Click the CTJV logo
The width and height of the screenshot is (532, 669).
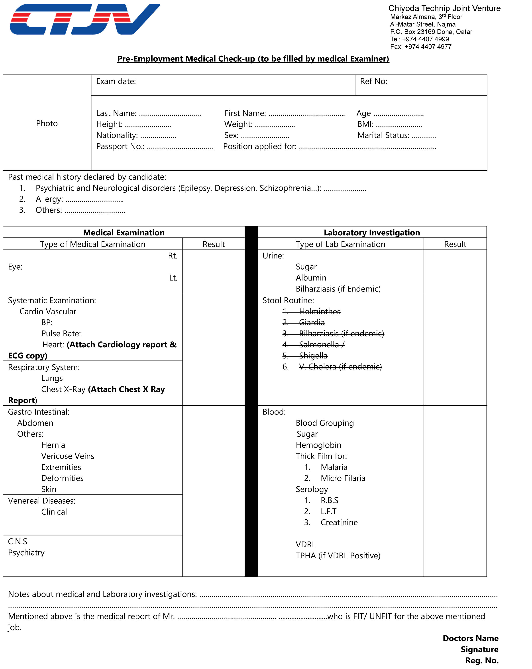(x=84, y=19)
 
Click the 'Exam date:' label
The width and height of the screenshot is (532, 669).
(x=116, y=81)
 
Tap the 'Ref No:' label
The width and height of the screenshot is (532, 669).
(x=373, y=81)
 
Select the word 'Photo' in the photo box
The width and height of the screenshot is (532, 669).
(x=47, y=123)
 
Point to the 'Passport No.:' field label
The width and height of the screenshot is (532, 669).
(x=120, y=147)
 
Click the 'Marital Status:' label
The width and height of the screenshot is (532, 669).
(x=383, y=135)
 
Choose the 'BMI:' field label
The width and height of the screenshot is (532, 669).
(x=365, y=124)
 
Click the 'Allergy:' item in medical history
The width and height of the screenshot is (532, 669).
(x=49, y=199)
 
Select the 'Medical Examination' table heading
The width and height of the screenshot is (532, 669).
(x=124, y=232)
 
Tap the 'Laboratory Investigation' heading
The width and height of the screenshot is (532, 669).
(x=371, y=232)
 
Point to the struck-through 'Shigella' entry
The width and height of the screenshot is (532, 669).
(x=313, y=356)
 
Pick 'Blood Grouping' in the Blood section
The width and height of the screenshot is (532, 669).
(x=324, y=423)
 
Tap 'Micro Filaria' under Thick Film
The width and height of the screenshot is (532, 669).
(x=343, y=478)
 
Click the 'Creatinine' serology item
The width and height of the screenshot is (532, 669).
(x=339, y=522)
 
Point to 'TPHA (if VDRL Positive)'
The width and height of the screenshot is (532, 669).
(x=338, y=556)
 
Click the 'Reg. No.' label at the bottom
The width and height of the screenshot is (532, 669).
(x=481, y=660)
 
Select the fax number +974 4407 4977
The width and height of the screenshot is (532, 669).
(x=428, y=47)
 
